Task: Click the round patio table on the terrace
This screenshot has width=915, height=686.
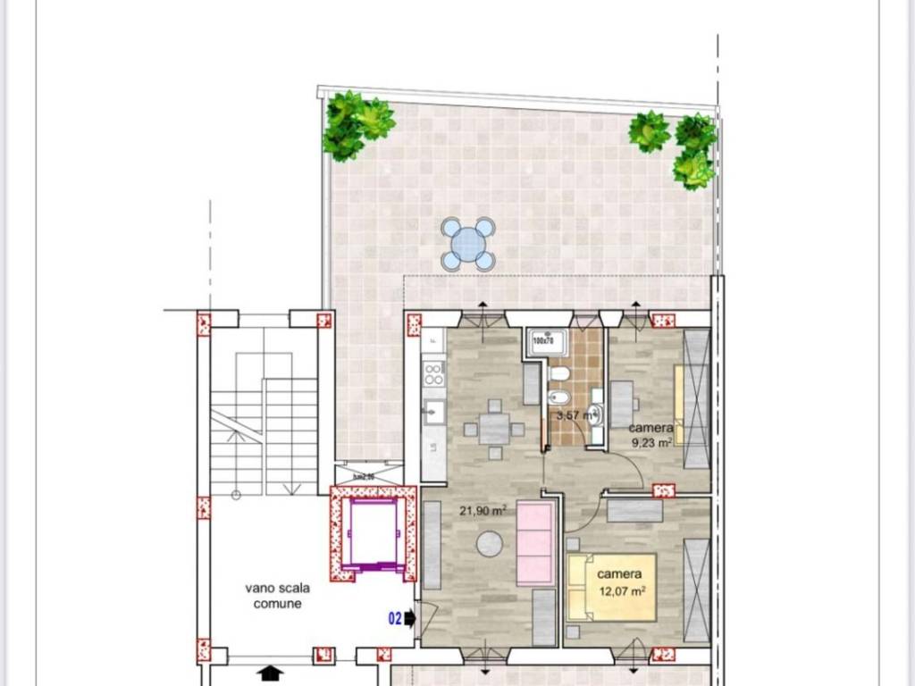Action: pos(467,244)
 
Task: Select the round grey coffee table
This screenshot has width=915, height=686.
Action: pos(489,543)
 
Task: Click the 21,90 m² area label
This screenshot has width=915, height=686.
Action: pos(483,511)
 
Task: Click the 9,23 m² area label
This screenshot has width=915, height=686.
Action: pos(651,440)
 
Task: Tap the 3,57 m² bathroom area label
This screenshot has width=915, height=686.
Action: pos(574,415)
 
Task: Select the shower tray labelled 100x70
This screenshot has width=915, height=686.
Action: pos(543,340)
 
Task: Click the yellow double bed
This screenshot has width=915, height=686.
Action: pos(611,587)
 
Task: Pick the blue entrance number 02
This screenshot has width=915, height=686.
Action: pos(394,616)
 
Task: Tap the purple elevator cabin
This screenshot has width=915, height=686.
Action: pos(373,533)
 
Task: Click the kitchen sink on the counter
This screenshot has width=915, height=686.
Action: pos(433,412)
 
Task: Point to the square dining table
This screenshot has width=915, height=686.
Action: pos(493,429)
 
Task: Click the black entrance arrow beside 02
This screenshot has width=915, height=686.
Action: pos(410,616)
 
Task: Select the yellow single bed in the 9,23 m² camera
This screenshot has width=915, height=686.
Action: pos(679,405)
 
